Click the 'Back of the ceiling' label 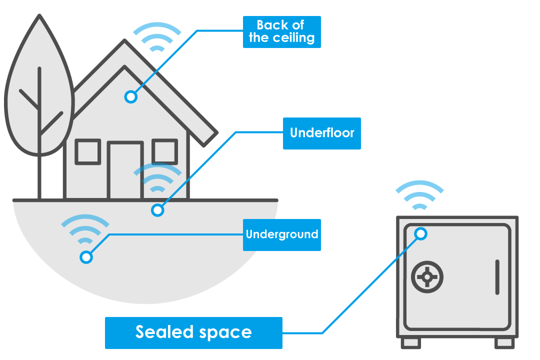(x=281, y=32)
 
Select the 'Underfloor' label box (x=321, y=133)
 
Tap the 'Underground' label (x=281, y=234)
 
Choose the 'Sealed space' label (x=193, y=332)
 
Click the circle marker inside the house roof (x=131, y=96)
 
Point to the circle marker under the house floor (x=157, y=210)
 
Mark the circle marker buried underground (x=86, y=257)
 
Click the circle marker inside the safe (x=421, y=233)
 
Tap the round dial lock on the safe (x=427, y=276)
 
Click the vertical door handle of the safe (x=497, y=276)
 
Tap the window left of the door (x=88, y=151)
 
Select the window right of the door (x=164, y=151)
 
